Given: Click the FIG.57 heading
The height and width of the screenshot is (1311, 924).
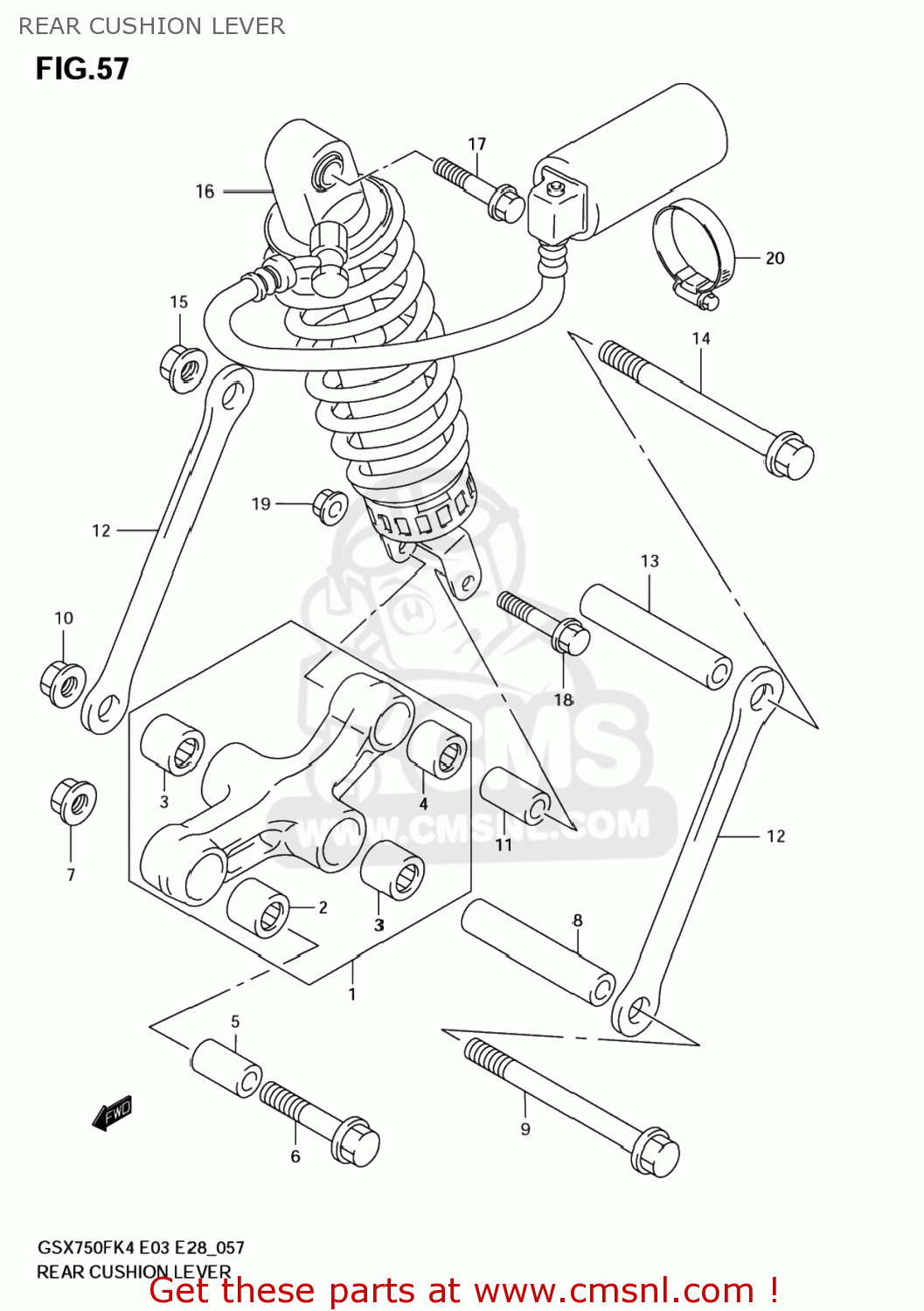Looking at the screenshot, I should pyautogui.click(x=82, y=69).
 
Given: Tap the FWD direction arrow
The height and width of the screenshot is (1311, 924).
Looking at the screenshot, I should pyautogui.click(x=113, y=1113).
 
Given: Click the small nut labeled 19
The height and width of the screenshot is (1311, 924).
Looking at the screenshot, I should pyautogui.click(x=330, y=506).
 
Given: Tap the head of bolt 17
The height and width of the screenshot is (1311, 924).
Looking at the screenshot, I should pyautogui.click(x=505, y=203).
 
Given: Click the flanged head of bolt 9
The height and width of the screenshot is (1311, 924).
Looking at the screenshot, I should pyautogui.click(x=656, y=1151).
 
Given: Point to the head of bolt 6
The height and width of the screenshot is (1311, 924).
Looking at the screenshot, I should pyautogui.click(x=356, y=1141).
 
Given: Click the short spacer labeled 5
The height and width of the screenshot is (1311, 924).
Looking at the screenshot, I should pyautogui.click(x=226, y=1067).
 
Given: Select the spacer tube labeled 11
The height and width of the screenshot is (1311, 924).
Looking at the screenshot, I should pyautogui.click(x=515, y=795).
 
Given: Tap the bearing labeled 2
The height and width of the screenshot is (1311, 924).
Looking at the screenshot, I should pyautogui.click(x=259, y=908).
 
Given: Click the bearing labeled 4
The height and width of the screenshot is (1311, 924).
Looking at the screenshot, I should pyautogui.click(x=436, y=749).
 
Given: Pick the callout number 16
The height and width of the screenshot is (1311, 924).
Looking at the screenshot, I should pyautogui.click(x=205, y=191).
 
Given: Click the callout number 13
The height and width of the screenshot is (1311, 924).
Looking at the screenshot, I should pyautogui.click(x=650, y=561).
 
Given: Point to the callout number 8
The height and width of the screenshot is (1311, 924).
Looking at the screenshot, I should pyautogui.click(x=578, y=920).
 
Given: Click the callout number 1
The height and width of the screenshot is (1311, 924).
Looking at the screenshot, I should pyautogui.click(x=352, y=995).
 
